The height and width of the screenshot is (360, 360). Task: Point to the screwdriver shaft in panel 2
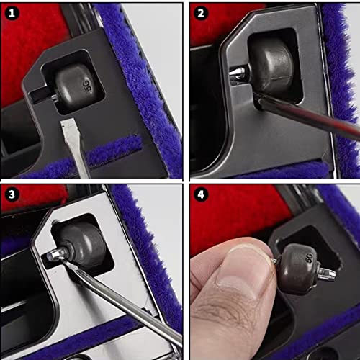[310, 115]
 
